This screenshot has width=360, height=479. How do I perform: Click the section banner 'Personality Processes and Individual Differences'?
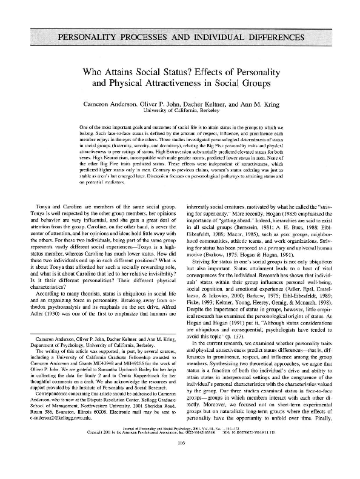click(x=180, y=38)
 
